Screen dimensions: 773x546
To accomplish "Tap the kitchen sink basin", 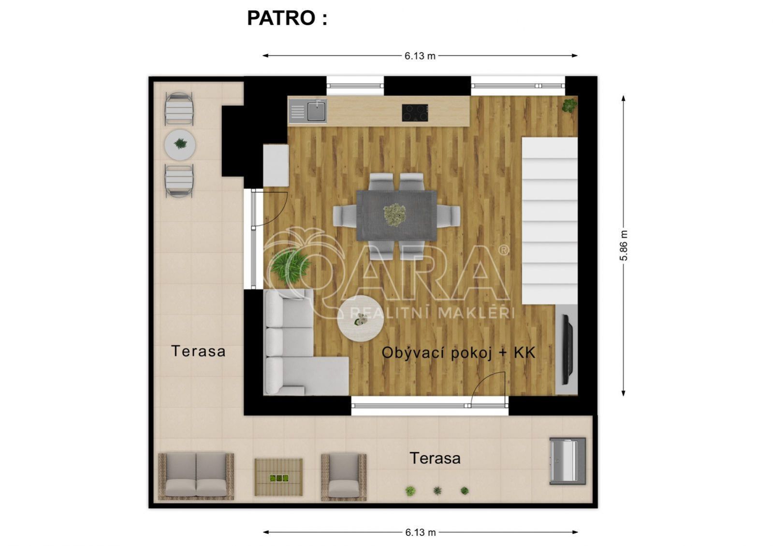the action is (317, 110).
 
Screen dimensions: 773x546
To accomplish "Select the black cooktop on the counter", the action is (415, 113).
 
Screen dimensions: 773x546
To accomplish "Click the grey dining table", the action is (396, 216).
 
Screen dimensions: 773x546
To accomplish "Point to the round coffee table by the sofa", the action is (360, 318).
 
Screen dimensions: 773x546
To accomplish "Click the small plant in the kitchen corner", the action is (569, 105).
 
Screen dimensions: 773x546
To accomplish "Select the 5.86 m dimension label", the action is (624, 245).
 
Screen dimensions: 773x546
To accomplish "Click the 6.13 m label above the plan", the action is (420, 56).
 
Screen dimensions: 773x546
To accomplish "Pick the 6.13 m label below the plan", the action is (420, 532).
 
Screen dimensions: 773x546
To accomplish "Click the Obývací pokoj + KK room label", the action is (458, 353).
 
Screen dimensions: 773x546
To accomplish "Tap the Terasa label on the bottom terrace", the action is (435, 459).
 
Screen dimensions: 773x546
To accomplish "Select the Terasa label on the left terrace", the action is (198, 351).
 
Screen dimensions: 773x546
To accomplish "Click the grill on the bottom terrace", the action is (568, 461).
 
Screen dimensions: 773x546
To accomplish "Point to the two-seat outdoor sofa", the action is (196, 476).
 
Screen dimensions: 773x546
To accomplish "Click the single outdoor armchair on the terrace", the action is (344, 477).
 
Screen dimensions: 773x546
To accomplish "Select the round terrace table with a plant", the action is (180, 144).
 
